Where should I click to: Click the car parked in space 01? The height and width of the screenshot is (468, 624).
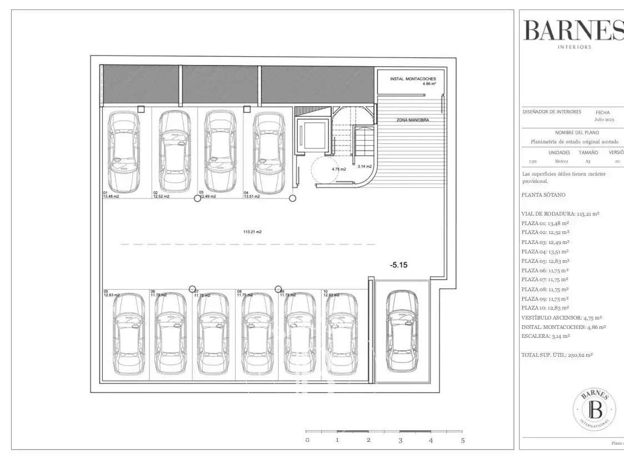pos(123,152)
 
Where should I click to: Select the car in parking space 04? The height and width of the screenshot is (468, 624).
pos(268,152)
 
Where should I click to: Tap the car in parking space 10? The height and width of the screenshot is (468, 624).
pos(341,333)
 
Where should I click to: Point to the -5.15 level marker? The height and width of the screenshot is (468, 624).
pos(398,266)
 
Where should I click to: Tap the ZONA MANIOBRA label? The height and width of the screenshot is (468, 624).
pos(412,120)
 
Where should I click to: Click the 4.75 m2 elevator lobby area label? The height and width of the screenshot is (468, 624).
pos(339,169)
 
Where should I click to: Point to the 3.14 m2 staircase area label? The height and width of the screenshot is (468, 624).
pos(365,166)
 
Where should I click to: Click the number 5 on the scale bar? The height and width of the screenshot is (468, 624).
pos(462,440)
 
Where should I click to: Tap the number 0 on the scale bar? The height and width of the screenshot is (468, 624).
pos(307,440)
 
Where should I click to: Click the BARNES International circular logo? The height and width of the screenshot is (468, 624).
pos(594,410)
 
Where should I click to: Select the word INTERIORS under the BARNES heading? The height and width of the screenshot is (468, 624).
pos(574,47)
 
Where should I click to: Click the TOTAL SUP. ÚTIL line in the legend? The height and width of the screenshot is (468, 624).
pos(557,355)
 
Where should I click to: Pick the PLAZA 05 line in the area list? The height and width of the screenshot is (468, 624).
pos(545,261)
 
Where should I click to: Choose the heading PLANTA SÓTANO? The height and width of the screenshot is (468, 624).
pos(543,195)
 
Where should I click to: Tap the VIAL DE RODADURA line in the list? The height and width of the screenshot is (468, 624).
pos(560,213)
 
